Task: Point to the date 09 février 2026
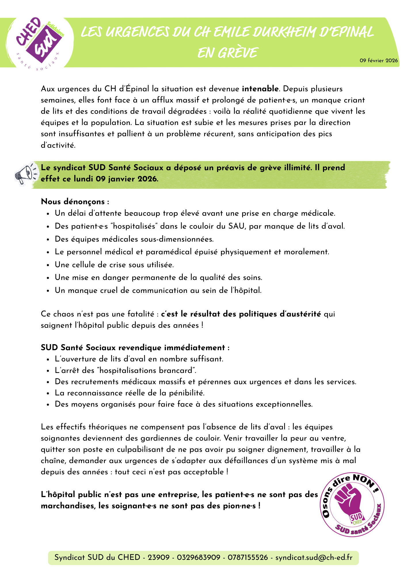379,60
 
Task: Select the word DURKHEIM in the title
285,32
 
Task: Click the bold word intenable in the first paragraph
260,89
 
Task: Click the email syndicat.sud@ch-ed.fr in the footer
314,557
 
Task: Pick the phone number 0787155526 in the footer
248,557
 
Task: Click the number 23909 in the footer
159,557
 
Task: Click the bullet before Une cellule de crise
48,265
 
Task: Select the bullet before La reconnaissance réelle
48,393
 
